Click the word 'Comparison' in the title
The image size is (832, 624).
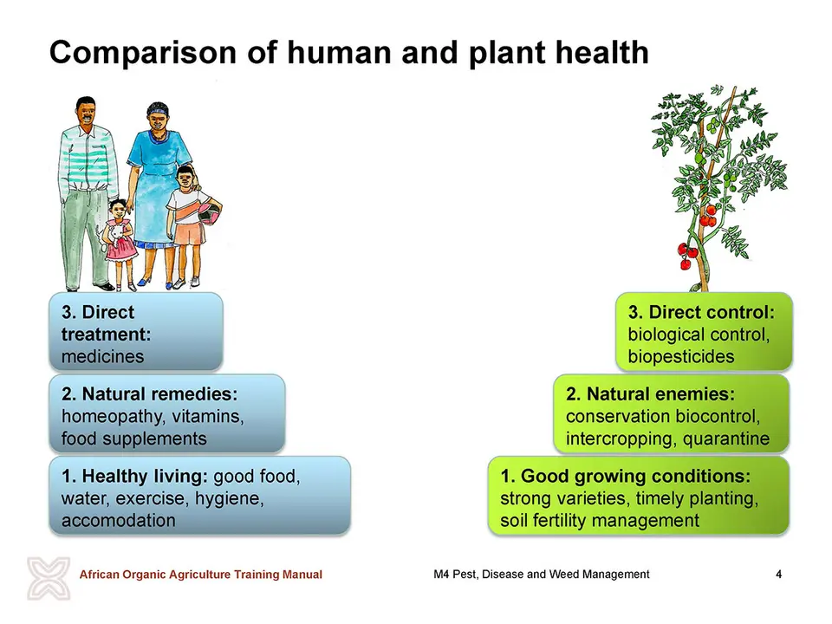click(143, 54)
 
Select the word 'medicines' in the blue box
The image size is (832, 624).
click(102, 356)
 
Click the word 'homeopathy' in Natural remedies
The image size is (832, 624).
click(107, 417)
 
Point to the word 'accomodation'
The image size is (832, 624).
click(119, 520)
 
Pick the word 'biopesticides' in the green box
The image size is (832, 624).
click(681, 356)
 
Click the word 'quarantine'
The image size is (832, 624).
click(726, 439)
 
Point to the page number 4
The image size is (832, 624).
click(778, 574)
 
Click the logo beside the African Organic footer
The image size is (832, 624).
click(49, 578)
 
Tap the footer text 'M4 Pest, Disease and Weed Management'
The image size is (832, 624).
click(541, 574)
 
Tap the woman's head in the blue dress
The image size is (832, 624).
click(158, 118)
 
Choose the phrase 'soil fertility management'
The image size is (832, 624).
click(600, 521)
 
